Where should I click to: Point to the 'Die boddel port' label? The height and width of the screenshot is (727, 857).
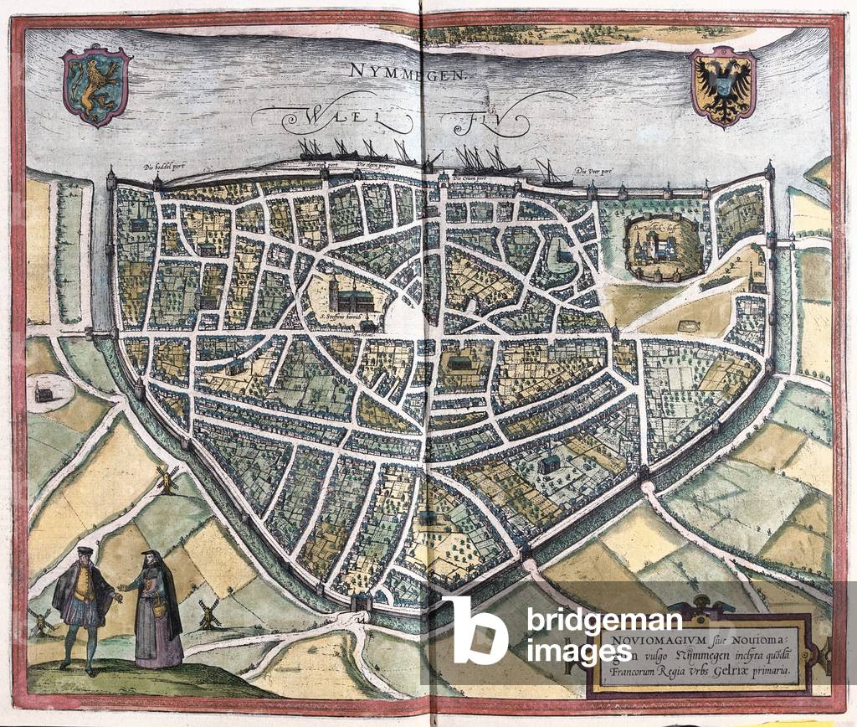click(x=167, y=166)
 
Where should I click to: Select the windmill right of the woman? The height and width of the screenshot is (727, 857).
click(x=208, y=614)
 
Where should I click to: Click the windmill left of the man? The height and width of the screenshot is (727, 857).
click(x=39, y=620)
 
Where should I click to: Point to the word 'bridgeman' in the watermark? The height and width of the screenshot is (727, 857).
click(x=604, y=621)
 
